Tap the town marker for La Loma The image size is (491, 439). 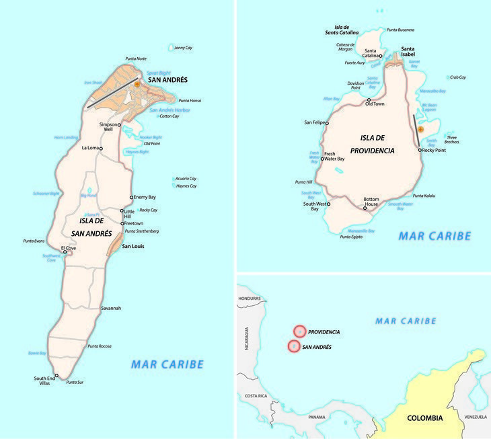coord(101,148)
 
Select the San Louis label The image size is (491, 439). coord(133,246)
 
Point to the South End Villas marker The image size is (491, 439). coord(56,375)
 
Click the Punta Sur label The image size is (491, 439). coord(75,382)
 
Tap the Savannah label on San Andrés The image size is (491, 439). coord(111,308)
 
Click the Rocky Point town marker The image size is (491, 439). coord(420,150)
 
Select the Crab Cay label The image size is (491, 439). coord(457,77)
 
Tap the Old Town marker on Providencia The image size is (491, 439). coord(368,99)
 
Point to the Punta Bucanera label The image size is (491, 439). coord(401,30)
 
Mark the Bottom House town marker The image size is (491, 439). coord(365,208)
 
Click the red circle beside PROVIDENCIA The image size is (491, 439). coord(299,331)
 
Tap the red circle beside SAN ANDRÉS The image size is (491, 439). coord(293,346)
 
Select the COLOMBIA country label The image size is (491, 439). coord(425,418)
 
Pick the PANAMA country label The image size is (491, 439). coord(317,417)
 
